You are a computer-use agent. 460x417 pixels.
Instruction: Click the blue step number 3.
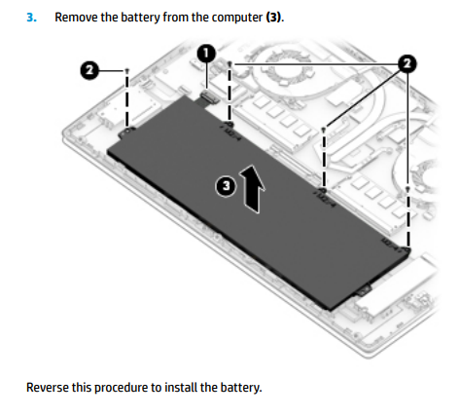(x=31, y=18)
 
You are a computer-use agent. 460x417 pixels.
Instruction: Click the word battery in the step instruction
(x=140, y=18)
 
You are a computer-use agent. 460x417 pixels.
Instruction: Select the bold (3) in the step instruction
(x=273, y=18)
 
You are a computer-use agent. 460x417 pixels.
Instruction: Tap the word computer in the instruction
(x=237, y=18)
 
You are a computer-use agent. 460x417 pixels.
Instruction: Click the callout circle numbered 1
(x=206, y=54)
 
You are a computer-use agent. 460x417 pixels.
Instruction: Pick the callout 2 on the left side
(x=89, y=70)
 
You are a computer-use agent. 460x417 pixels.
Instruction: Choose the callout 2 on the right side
(x=407, y=63)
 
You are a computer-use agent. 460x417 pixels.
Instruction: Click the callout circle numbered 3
(x=226, y=186)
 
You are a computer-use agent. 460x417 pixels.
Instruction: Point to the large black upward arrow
(x=252, y=189)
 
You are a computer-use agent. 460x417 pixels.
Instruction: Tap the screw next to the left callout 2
(x=126, y=70)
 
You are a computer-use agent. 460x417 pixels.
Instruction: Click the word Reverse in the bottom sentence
(x=48, y=388)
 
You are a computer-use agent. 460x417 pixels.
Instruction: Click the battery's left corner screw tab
(x=125, y=132)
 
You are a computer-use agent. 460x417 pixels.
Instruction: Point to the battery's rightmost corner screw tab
(x=406, y=249)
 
